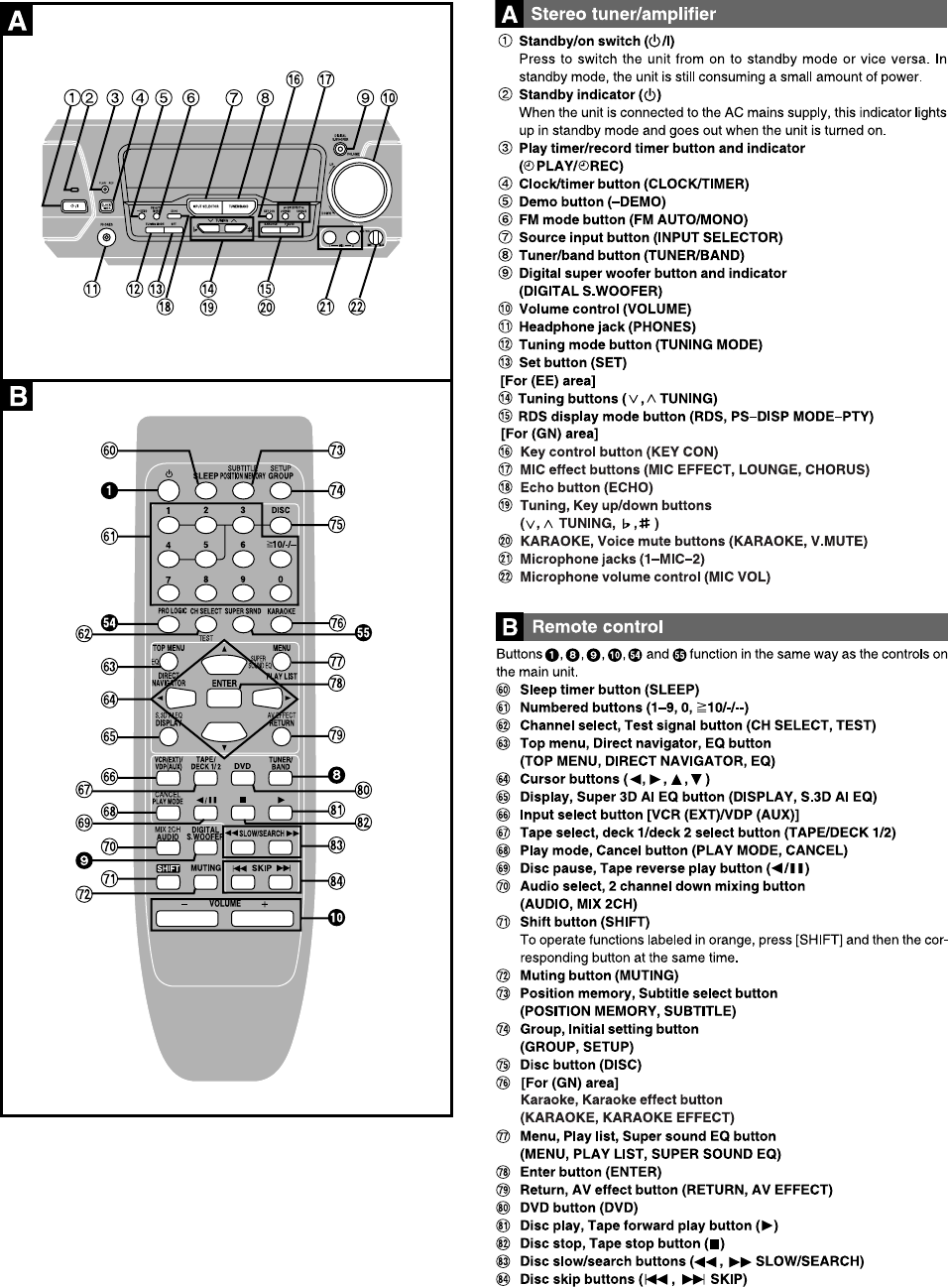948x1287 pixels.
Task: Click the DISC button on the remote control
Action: click(281, 522)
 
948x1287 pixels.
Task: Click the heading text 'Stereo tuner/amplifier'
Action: click(623, 14)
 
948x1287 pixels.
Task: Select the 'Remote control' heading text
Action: click(597, 626)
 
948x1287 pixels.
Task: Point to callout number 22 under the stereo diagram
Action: click(357, 307)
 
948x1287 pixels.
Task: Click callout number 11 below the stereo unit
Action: click(91, 289)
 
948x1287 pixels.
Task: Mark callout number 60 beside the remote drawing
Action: click(109, 450)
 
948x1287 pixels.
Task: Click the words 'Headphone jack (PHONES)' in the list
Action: click(607, 326)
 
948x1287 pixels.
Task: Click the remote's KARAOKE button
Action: click(281, 624)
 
